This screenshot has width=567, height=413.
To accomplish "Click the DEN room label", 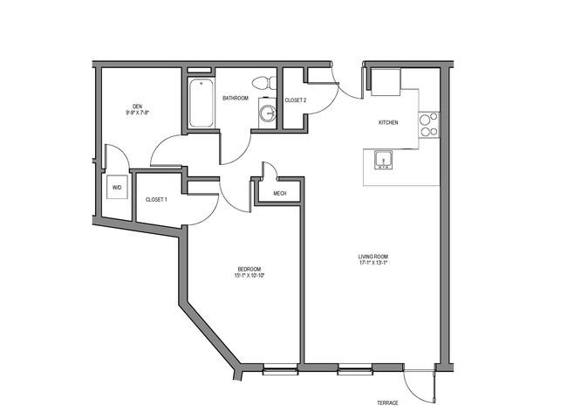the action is click(x=138, y=107).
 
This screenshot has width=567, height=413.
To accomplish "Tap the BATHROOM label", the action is click(x=236, y=98).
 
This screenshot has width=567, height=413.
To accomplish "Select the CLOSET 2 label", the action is click(x=296, y=100).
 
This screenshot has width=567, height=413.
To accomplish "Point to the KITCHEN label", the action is click(x=388, y=123).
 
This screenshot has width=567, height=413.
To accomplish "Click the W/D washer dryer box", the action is click(x=117, y=188).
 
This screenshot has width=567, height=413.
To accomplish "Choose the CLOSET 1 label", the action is click(x=156, y=199).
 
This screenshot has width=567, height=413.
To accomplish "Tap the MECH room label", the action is click(x=280, y=194).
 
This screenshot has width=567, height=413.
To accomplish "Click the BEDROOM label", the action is click(x=249, y=269).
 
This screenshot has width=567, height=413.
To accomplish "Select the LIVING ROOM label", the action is click(x=373, y=257).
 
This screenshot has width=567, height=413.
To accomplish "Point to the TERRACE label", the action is click(x=387, y=403).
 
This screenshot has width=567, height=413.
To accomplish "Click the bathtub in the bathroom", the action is click(x=201, y=103).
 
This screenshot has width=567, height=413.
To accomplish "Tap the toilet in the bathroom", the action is click(x=264, y=83).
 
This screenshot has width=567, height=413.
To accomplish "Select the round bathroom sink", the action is click(x=268, y=113).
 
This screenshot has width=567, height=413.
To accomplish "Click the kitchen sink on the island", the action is click(x=383, y=160).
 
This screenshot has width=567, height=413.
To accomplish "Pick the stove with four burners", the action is click(x=429, y=125).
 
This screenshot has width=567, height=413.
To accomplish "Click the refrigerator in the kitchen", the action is click(x=386, y=82).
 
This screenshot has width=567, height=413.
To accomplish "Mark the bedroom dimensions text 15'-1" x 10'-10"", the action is click(x=249, y=276).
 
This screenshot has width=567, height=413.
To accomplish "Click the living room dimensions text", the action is click(x=373, y=263).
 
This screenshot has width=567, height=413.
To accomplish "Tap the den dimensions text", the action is click(x=138, y=113).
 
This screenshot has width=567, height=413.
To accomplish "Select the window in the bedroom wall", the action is click(x=280, y=369).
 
